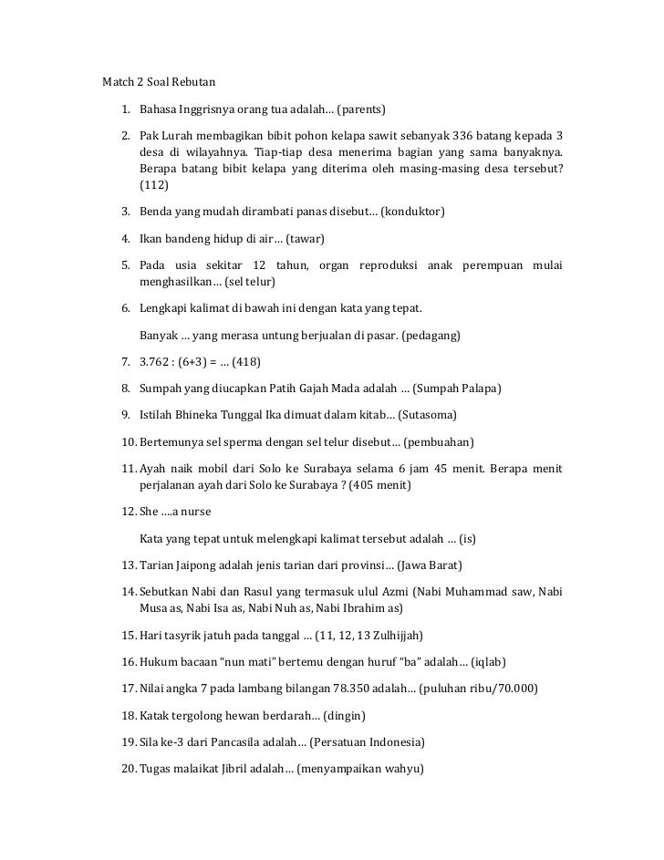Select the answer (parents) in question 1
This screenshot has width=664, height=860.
(x=362, y=110)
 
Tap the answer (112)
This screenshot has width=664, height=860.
(x=154, y=185)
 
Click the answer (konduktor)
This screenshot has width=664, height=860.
(x=411, y=212)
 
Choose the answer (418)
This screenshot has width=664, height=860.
(x=246, y=361)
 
